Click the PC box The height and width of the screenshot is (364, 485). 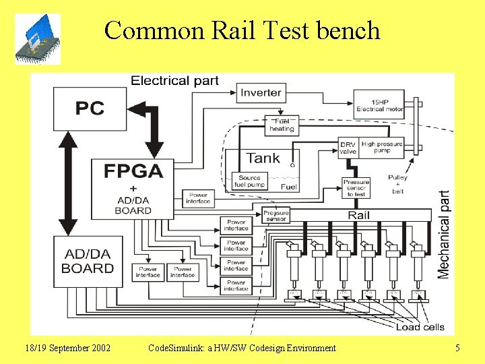tap(90, 109)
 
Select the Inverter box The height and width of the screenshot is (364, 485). tap(261, 93)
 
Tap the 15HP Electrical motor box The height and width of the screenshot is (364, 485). tap(380, 104)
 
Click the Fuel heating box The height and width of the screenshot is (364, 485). tap(282, 125)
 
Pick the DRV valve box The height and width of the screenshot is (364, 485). tap(348, 148)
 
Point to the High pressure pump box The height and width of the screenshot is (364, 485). tap(383, 148)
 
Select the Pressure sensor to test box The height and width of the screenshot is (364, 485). tap(356, 188)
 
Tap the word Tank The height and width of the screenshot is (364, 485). tap(263, 158)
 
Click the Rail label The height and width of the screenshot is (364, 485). tap(358, 215)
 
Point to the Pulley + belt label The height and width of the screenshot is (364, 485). tap(397, 184)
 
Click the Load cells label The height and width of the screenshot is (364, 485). tap(420, 327)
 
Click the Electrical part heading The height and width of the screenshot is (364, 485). tap(174, 81)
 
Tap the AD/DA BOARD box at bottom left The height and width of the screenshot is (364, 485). tap(88, 262)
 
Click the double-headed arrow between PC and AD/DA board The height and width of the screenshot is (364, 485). tap(67, 183)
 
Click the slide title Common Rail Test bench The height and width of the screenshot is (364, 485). tap(242, 30)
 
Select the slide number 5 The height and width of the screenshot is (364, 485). tap(457, 348)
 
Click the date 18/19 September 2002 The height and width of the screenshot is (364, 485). tap(68, 348)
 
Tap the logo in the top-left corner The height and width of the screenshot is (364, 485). tap(39, 39)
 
